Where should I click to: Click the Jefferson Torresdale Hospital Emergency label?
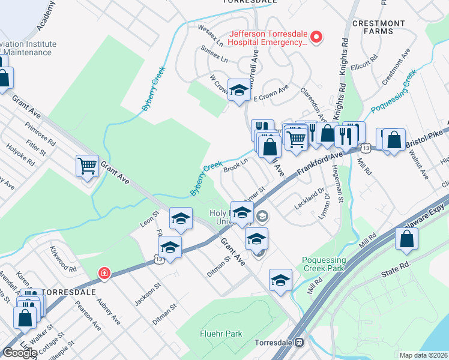[x=268, y=38]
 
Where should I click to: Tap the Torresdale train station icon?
[x=298, y=343]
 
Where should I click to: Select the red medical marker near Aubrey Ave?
[x=104, y=274]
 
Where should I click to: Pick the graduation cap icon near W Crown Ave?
[x=239, y=91]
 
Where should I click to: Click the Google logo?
[x=20, y=353]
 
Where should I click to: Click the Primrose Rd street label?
[x=40, y=135]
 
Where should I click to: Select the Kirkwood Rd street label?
[x=63, y=259]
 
